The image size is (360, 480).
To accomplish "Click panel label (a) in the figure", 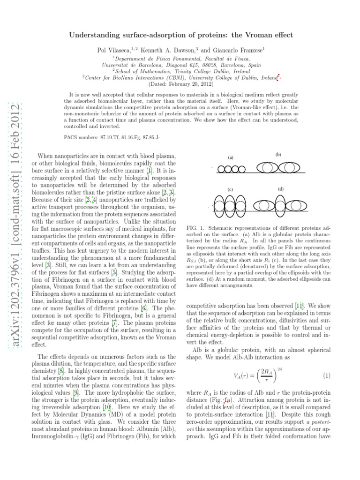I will tap(231, 157).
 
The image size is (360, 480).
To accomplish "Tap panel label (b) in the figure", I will tap(278, 154).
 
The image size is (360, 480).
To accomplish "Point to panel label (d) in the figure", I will tap(280, 189).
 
